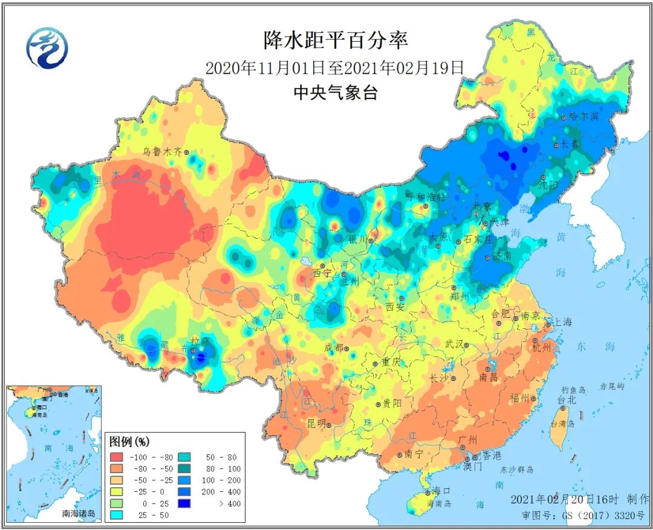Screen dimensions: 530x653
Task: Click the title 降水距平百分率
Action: [x=336, y=40]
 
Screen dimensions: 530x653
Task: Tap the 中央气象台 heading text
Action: [x=335, y=92]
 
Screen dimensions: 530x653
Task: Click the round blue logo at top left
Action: [x=47, y=48]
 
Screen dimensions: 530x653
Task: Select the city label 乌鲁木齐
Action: [x=161, y=152]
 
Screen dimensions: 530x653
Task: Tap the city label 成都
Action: [x=333, y=347]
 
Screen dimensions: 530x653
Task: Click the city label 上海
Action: [x=562, y=322]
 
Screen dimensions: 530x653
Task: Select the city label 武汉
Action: [x=453, y=344]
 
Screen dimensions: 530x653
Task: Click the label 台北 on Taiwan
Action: [x=566, y=400]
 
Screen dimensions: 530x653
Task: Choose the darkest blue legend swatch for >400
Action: [x=187, y=503]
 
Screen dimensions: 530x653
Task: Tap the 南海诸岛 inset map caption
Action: [x=79, y=513]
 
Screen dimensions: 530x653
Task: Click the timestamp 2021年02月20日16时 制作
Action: [x=580, y=499]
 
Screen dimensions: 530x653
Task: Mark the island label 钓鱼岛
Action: [x=573, y=390]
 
